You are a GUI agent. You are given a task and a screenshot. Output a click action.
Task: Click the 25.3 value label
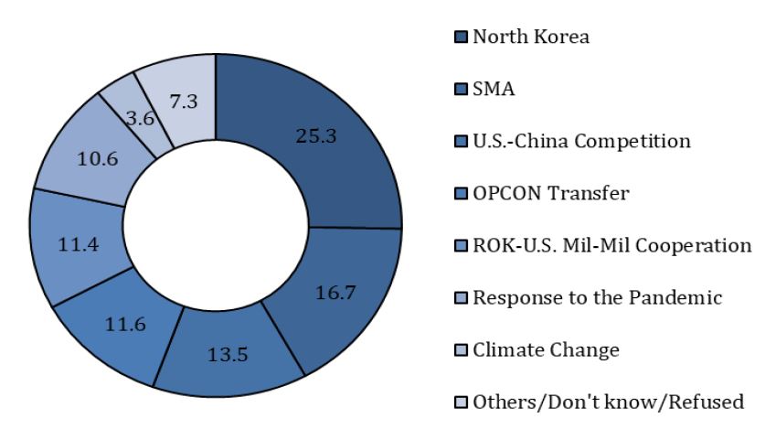pos(316,135)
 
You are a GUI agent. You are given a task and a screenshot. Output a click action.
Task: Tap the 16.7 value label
pos(335,293)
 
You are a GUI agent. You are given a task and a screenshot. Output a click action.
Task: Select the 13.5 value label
pos(228,354)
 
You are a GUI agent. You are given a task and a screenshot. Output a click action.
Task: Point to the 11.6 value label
pos(125,324)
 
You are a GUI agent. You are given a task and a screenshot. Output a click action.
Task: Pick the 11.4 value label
pos(79,244)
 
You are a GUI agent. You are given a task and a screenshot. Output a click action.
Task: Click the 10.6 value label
pos(98,158)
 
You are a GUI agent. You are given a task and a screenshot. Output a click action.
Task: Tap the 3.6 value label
pos(141,118)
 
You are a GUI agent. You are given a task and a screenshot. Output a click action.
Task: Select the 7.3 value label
pos(184,102)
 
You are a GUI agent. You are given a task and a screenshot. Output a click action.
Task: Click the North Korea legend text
pos(531,37)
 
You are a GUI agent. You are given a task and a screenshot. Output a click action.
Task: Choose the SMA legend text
pos(494,89)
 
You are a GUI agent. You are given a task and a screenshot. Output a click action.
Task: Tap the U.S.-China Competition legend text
pos(581,141)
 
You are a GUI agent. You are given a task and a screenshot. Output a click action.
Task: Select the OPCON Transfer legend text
pos(551,193)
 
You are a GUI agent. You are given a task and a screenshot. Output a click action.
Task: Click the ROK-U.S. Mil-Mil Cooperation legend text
pos(612,245)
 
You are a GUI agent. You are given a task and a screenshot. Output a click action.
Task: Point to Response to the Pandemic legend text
pos(598,297)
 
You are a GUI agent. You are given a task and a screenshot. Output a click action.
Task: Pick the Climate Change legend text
pos(546,350)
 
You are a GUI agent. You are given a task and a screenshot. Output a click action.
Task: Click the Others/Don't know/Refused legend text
pos(609,402)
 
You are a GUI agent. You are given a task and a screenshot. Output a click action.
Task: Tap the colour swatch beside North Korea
pos(461,37)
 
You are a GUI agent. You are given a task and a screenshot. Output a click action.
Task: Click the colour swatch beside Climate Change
pos(461,350)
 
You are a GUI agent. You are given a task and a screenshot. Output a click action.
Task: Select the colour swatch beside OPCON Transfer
pos(461,193)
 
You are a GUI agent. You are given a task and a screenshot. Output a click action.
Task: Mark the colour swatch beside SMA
pos(461,89)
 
